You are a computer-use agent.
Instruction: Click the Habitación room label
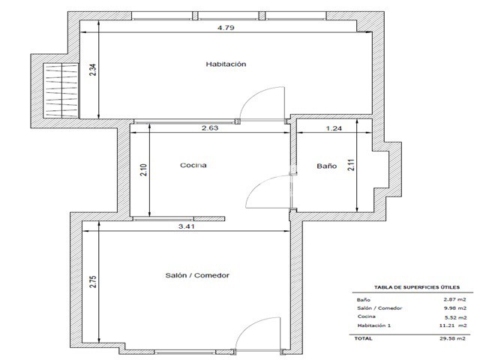point(226,64)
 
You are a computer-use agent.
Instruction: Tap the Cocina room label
point(193,165)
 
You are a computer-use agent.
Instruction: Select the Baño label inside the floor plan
point(327,166)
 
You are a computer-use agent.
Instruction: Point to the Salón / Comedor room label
point(197,275)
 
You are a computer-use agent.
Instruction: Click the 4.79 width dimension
point(226,28)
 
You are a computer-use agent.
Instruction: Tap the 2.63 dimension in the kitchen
point(210,128)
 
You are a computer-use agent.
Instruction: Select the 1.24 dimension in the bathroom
point(334,128)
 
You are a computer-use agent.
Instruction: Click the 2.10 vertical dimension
point(143,170)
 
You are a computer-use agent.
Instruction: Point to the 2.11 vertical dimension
point(351,165)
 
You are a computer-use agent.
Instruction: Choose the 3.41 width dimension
point(187,226)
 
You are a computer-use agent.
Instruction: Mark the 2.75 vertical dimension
point(93,282)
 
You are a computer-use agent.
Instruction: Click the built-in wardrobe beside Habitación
point(61,90)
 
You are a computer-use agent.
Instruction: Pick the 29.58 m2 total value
point(452,338)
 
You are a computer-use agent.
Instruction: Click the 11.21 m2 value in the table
point(453,325)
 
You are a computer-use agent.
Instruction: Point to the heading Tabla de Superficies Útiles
point(417,287)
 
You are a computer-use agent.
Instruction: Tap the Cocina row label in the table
point(366,316)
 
